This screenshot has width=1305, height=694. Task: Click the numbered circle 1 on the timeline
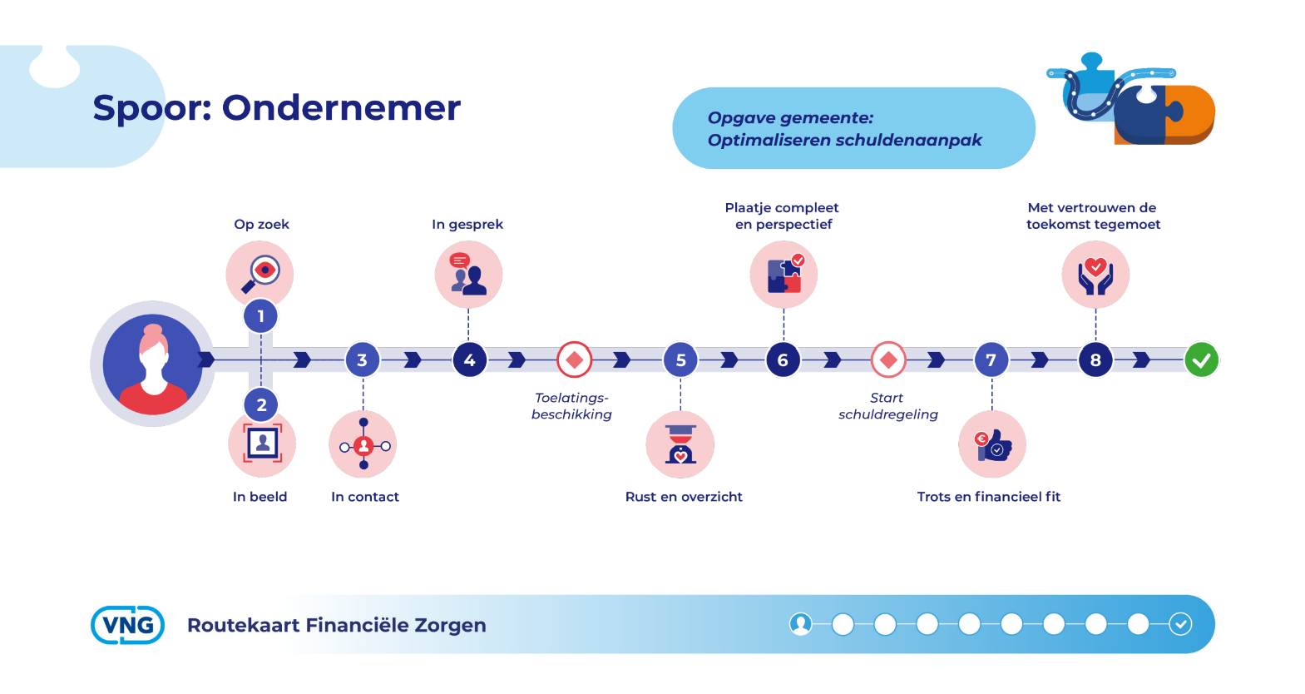[x=260, y=316]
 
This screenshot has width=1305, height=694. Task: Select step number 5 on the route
[x=680, y=360]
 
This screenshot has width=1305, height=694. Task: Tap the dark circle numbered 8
[x=1095, y=360]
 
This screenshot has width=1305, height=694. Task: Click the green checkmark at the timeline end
[x=1201, y=360]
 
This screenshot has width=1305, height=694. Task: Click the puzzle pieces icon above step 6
[x=783, y=274]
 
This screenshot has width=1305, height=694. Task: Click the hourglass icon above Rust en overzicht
[x=680, y=444]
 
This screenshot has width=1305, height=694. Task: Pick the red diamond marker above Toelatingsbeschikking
[x=575, y=360]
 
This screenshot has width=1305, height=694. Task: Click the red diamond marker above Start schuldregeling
[x=887, y=360]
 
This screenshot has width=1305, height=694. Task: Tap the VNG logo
[x=127, y=625]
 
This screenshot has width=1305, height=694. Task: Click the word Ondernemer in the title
[x=341, y=108]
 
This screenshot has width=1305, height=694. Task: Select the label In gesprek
[x=467, y=225]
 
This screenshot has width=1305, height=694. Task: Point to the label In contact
[x=364, y=497]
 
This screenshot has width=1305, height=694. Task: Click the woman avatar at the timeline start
[x=153, y=364]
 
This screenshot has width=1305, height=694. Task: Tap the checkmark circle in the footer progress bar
[x=1180, y=624]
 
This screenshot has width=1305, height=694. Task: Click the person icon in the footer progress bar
[x=800, y=624]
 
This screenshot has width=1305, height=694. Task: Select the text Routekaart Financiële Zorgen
[x=337, y=625]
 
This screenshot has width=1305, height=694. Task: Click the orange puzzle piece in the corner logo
[x=1191, y=114]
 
